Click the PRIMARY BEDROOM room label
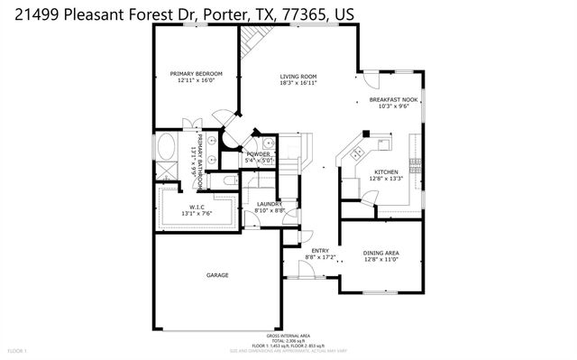pos(196,73)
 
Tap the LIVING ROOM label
pos(298,76)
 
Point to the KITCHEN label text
pos(387,171)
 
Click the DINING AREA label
pos(380,252)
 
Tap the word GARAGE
pos(217,275)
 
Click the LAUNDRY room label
pos(270,204)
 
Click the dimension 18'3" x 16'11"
pos(298,83)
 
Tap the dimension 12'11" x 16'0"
pos(196,80)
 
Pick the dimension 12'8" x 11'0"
pos(380,259)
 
